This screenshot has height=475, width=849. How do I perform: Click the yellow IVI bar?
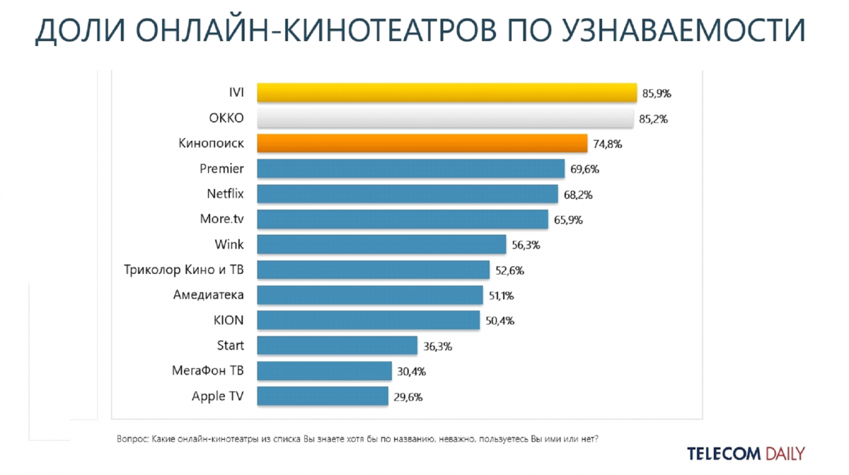[446, 93]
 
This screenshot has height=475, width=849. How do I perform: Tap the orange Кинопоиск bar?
[422, 144]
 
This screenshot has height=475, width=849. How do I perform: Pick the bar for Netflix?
[408, 194]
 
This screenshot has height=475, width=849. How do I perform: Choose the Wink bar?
[381, 244]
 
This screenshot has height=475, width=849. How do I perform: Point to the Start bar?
[337, 345]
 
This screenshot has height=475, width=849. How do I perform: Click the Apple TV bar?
[323, 396]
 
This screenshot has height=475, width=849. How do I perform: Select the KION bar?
[368, 320]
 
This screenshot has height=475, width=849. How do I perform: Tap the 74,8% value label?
[606, 144]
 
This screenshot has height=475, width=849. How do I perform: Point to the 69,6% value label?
[584, 170]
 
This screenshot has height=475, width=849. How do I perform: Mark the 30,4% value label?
[411, 372]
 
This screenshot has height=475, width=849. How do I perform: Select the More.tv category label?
[222, 219]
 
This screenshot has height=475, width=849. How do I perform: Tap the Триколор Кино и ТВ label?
[183, 270]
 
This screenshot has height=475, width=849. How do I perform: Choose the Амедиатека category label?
[208, 294]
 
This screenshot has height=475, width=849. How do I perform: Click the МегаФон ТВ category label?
[207, 370]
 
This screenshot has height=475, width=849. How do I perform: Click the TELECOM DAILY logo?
[746, 453]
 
